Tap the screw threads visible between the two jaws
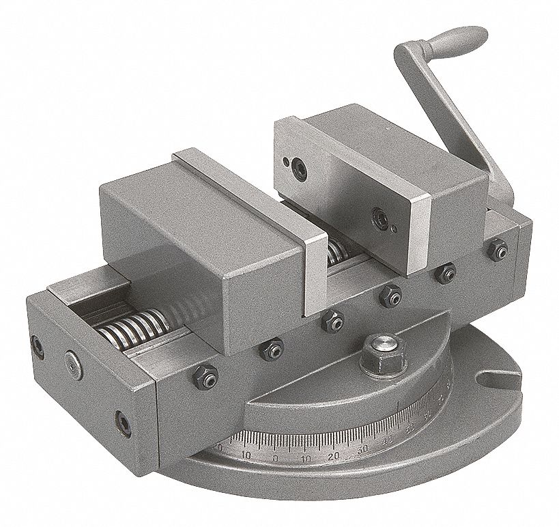point(334,253)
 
